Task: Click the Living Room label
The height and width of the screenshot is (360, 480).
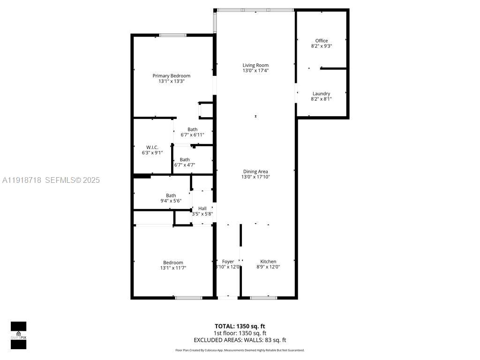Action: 255,65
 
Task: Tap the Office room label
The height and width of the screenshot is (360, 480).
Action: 322,41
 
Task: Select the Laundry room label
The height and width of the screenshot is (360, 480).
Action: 321,94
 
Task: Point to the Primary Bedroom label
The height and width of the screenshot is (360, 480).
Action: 172,76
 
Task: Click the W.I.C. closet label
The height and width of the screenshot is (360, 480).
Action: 152,147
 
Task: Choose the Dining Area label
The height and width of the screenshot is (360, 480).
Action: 255,172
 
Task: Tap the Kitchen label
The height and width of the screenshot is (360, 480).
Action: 268,262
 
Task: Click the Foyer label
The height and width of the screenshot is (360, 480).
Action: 228,262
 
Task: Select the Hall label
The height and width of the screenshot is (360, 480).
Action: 202,209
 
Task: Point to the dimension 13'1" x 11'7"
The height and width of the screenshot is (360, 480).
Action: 173,268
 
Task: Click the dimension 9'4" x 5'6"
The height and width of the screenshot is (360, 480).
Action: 171,201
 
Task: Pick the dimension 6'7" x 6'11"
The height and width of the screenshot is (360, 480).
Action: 192,135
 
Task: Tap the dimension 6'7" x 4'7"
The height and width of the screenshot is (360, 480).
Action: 185,165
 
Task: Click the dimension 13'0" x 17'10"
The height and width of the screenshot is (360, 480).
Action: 255,177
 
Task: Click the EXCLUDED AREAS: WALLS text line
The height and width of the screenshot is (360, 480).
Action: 240,340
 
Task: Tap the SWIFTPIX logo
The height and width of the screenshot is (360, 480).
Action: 19,335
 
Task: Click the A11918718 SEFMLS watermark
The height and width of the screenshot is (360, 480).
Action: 51,180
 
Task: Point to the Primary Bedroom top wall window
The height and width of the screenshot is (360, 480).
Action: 172,35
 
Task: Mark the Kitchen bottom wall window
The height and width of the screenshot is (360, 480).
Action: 263,297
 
